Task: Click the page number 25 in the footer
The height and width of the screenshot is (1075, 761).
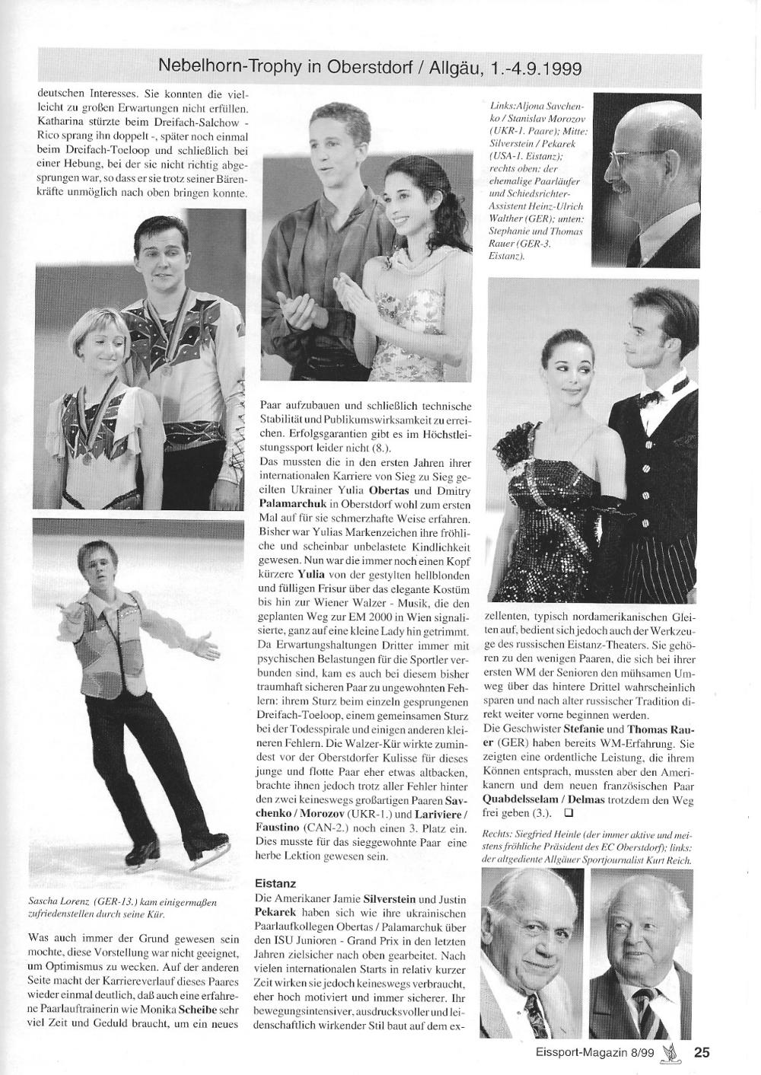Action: tap(701, 1053)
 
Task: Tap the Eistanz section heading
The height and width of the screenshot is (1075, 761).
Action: tap(275, 883)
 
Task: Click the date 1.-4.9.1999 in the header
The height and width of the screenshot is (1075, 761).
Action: tap(537, 68)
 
